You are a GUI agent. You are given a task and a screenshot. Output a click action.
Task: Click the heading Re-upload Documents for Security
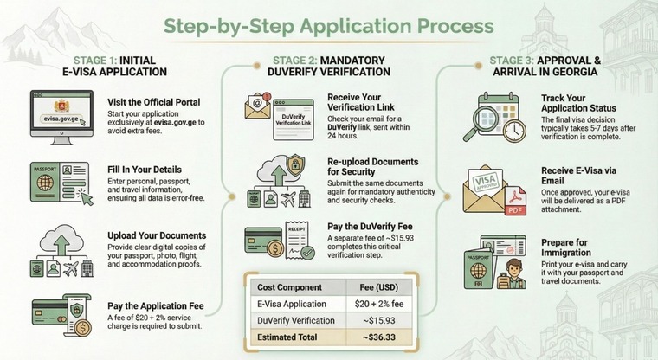pyautogui.click(x=373, y=167)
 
